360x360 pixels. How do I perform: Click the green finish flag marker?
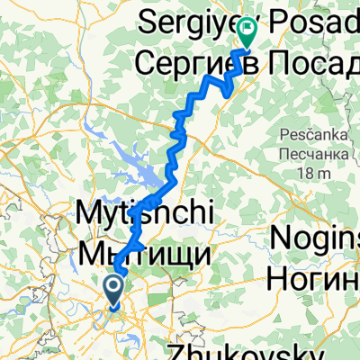click(247, 33)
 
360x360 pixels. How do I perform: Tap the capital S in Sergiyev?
click(148, 17)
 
